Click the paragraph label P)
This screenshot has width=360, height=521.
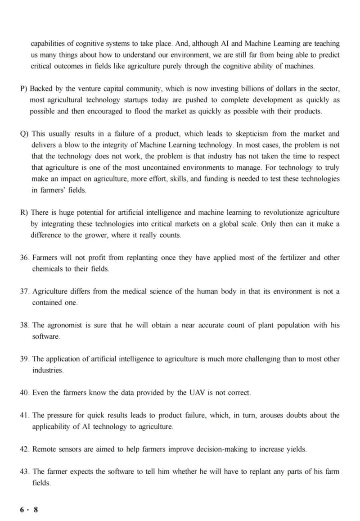pyautogui.click(x=24, y=89)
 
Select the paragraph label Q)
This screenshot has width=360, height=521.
pyautogui.click(x=24, y=134)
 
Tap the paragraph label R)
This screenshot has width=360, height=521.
pyautogui.click(x=24, y=213)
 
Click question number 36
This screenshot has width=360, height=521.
pyautogui.click(x=25, y=258)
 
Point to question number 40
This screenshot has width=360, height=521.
pyautogui.click(x=25, y=393)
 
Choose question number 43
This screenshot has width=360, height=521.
pyautogui.click(x=25, y=471)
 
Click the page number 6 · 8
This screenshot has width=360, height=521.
pyautogui.click(x=29, y=510)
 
